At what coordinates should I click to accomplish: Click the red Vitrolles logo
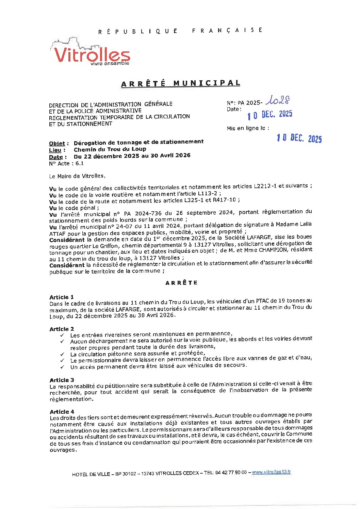tap(91, 54)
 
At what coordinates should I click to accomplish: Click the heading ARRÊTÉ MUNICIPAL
tap(181, 83)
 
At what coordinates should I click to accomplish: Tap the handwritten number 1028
tap(278, 100)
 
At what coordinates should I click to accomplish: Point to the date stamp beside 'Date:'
tap(269, 115)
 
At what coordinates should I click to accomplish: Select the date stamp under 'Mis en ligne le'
tap(299, 138)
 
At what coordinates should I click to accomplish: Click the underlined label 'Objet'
tap(57, 144)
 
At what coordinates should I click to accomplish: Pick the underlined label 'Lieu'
tap(55, 150)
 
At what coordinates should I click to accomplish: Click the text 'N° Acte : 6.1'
tap(66, 164)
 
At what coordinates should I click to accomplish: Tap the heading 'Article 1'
tap(61, 297)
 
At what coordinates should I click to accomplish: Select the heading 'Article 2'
tap(62, 329)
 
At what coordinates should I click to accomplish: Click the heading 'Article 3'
tap(62, 380)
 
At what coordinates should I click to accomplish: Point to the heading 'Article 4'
tap(62, 412)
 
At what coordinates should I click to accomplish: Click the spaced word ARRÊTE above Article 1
tap(181, 283)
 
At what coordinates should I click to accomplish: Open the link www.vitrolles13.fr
tap(271, 472)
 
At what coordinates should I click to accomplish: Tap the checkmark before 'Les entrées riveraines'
tap(62, 335)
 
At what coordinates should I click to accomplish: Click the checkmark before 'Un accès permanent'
tap(62, 367)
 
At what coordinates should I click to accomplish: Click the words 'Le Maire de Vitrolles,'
tap(77, 176)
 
